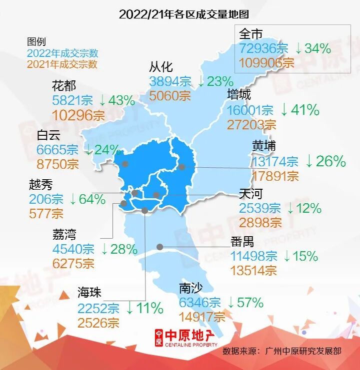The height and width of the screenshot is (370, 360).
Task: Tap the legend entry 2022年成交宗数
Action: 62,53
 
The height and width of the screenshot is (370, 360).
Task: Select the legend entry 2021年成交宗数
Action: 62,64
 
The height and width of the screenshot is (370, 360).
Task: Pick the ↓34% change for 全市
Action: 312,48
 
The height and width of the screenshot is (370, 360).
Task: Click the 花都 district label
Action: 63,86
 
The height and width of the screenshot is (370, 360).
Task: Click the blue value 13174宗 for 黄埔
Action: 275,162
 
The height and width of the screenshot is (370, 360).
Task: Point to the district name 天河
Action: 250,194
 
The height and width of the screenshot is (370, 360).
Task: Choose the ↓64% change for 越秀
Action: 87,199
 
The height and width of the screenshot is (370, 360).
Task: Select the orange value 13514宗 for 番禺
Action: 253,270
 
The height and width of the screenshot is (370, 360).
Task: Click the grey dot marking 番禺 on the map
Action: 160,246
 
